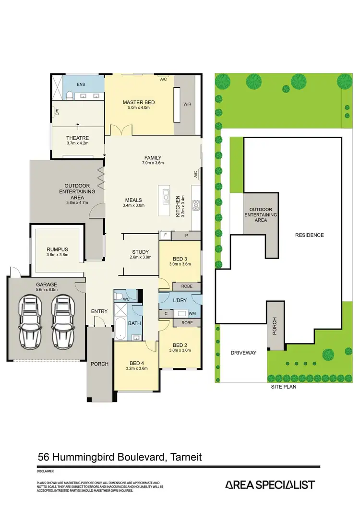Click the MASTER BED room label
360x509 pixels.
(x=138, y=102)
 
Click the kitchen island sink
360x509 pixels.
(x=166, y=195)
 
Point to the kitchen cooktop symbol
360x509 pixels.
(x=196, y=205)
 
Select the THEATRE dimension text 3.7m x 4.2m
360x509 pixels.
(x=78, y=143)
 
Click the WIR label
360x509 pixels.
(x=187, y=103)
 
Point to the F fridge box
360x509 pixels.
(x=165, y=235)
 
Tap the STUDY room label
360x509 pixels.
(x=140, y=252)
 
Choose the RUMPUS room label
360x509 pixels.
(x=58, y=249)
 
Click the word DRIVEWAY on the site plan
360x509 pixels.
(x=243, y=353)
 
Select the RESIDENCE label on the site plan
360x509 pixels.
(x=309, y=235)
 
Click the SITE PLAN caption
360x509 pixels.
(x=283, y=386)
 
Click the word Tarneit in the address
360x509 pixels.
(x=185, y=457)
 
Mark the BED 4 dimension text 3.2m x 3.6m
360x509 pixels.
(x=136, y=368)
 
